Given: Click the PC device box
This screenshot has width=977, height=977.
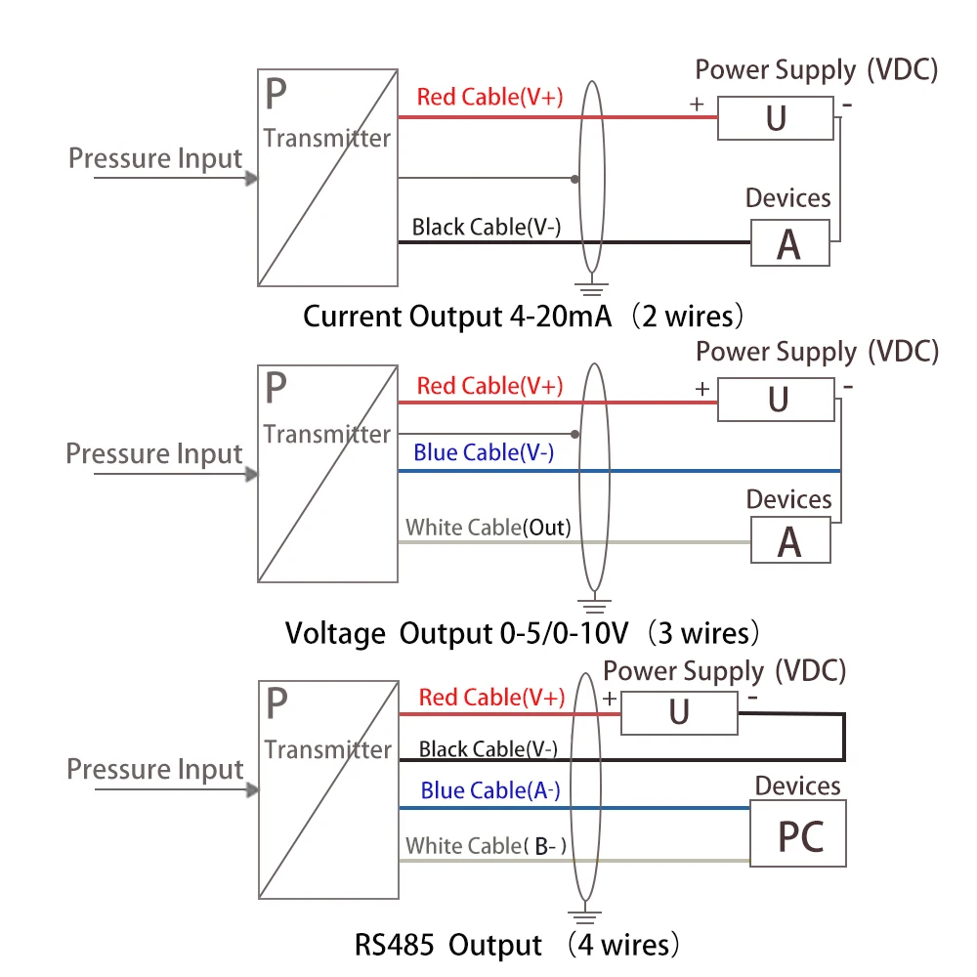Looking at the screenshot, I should pos(797,834).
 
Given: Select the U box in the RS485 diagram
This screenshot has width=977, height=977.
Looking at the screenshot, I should pos(679,713).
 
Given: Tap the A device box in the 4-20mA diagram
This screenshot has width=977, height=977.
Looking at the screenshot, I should pos(789,244).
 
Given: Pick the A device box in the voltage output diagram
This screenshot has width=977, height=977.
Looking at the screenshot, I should pos(789,541).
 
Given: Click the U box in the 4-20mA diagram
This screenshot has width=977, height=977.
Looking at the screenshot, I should pos(776,118).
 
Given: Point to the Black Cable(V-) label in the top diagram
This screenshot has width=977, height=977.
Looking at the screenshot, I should pos(486,228).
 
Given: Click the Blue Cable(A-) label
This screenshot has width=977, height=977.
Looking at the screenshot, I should pos(490,790).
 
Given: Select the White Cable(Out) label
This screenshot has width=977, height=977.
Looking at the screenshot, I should pos(488,528).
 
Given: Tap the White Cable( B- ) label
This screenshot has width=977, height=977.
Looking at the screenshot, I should pos(487,846).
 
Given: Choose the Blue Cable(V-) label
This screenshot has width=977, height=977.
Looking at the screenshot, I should pos(484,452).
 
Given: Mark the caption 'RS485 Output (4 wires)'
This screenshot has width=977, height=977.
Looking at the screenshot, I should pos(516,945).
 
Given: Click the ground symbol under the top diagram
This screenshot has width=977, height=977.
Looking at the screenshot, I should pos(588,287).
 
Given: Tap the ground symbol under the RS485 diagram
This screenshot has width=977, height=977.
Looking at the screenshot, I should pos(583,916).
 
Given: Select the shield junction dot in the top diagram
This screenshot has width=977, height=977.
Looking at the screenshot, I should pos(575,179).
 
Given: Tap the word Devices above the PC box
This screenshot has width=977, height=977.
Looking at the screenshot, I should pos(797,786).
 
